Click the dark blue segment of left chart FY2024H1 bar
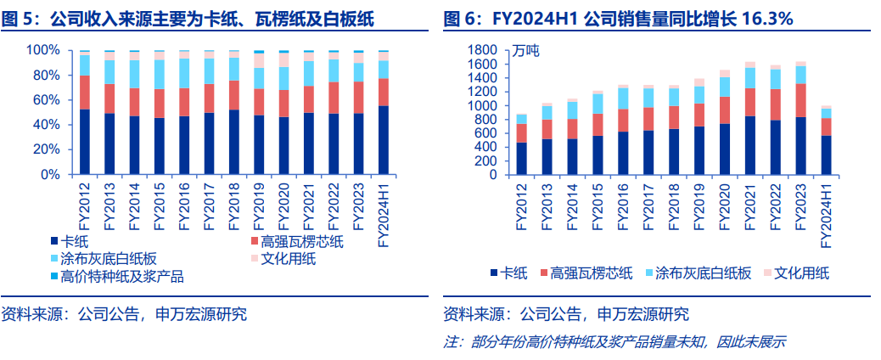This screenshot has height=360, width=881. pyautogui.click(x=384, y=140)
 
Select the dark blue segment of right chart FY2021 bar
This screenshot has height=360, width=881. pyautogui.click(x=749, y=145)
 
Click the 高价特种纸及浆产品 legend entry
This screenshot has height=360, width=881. pyautogui.click(x=118, y=277)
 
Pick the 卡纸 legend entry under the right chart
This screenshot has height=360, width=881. pyautogui.click(x=508, y=273)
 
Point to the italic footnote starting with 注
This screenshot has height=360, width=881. pyautogui.click(x=614, y=342)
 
